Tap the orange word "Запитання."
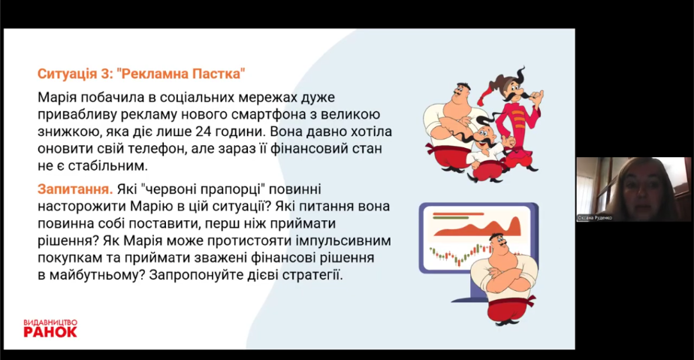coord(75,189)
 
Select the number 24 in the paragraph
coord(203,132)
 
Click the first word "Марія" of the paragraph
coord(57,98)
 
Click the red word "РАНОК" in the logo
coord(50,331)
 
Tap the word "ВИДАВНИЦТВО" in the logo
coord(50,322)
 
